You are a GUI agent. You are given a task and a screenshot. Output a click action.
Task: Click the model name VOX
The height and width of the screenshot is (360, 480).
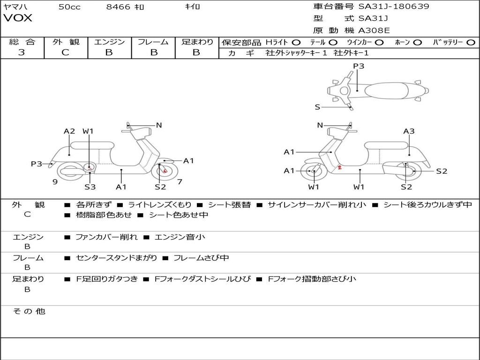18,18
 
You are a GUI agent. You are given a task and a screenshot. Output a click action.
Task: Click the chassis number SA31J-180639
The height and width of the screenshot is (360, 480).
394,7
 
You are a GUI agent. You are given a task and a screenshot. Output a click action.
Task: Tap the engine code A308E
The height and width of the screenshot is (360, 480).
374,30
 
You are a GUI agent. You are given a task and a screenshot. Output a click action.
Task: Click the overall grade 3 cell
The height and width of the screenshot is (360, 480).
22,52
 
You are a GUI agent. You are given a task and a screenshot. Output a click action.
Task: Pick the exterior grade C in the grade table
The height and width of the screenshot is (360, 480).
65,52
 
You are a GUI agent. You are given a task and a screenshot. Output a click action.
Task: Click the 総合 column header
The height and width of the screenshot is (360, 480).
22,42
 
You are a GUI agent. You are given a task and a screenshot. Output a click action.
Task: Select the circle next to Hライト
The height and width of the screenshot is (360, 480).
296,42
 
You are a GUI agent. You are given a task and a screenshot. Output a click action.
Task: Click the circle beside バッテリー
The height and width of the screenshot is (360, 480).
471,42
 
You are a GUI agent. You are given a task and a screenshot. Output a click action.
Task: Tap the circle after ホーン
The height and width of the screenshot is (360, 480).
418,42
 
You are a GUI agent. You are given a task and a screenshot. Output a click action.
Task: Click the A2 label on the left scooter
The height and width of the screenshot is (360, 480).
69,131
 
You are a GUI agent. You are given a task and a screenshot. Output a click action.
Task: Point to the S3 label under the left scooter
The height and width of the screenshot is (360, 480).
90,187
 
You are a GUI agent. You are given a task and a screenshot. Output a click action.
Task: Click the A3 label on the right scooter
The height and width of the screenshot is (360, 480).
409,131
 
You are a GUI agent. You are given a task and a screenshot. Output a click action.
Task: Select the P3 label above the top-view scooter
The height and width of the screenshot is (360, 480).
359,66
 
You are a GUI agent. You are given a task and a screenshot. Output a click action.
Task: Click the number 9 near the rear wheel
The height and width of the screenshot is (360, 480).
55,182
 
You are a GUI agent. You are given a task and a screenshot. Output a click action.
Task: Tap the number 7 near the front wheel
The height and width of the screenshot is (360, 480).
180,182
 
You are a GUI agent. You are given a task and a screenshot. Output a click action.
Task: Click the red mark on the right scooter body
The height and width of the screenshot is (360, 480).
339,167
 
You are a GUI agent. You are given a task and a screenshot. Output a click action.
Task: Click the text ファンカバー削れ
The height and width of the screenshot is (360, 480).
106,237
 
